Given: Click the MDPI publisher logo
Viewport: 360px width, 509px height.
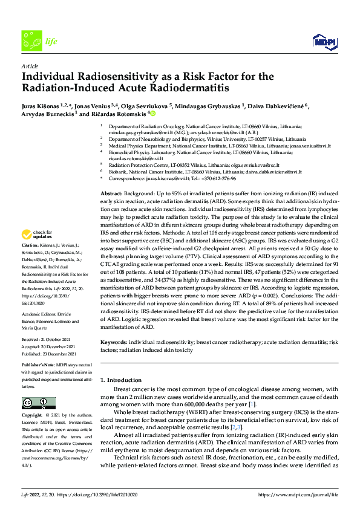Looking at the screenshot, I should point(324,41).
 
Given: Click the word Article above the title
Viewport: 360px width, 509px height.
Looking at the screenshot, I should point(30,65).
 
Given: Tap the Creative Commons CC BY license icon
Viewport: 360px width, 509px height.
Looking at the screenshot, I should point(35,403).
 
